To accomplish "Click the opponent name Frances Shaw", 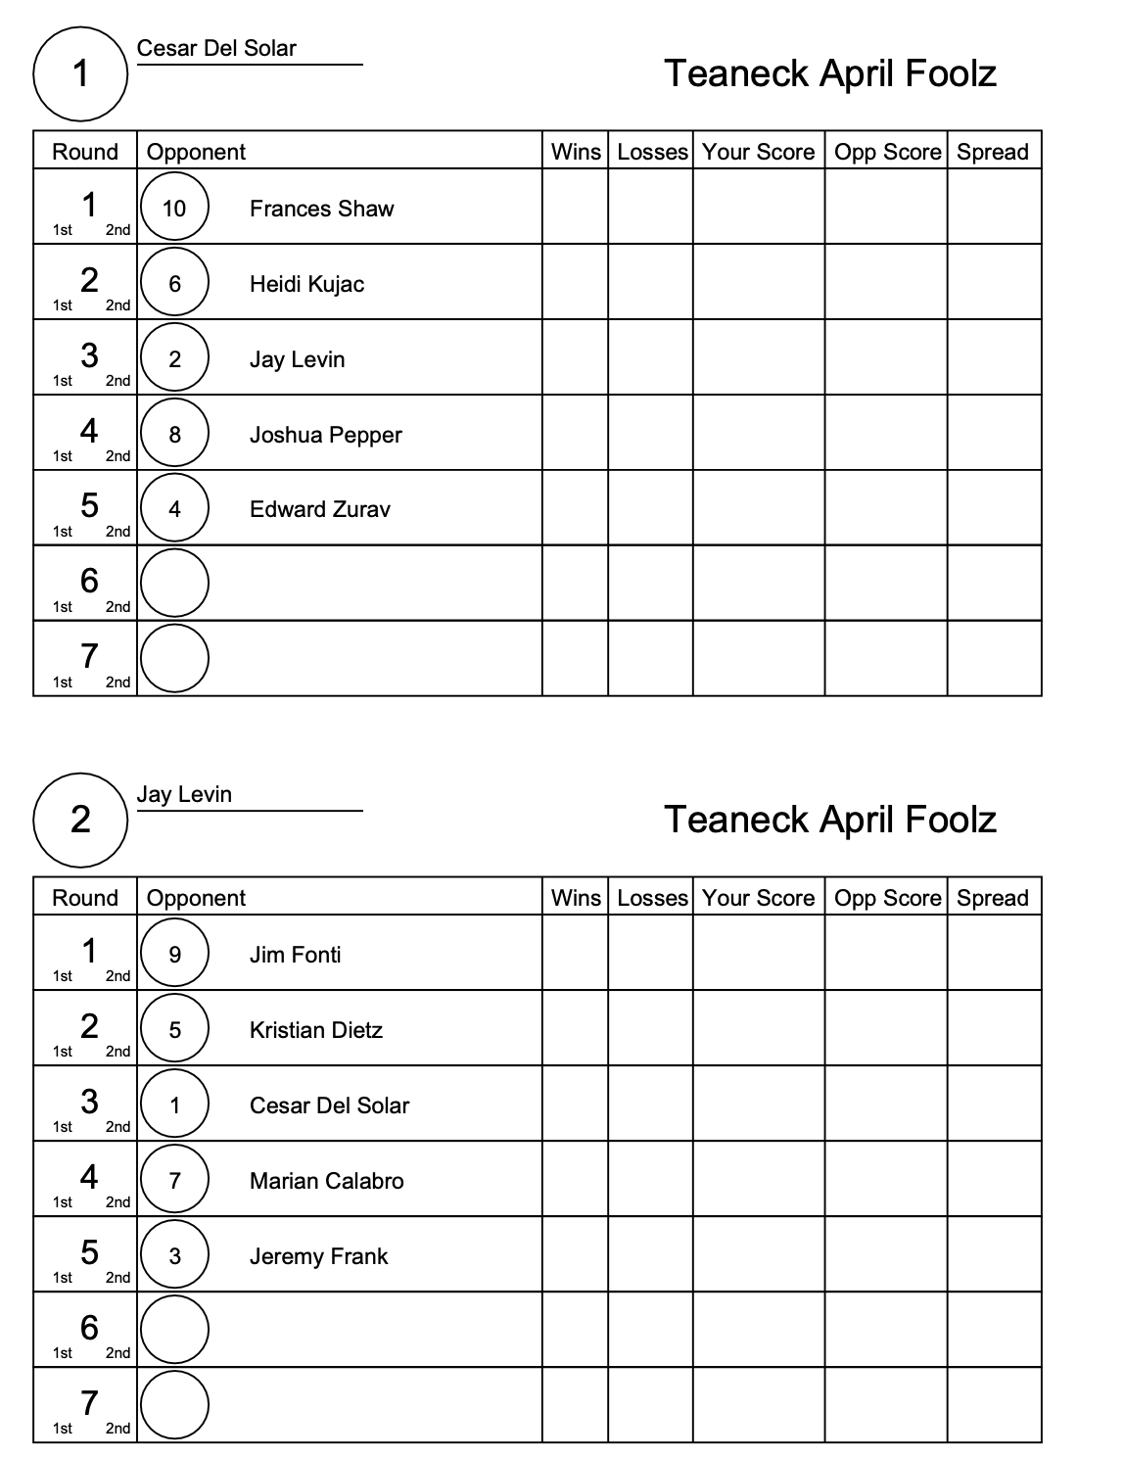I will click(x=321, y=209).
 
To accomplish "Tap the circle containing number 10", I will click(x=174, y=208).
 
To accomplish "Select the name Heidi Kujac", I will click(x=306, y=284).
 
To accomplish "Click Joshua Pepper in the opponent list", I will click(x=325, y=435).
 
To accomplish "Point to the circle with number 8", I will click(x=174, y=434).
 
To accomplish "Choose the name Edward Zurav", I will click(x=319, y=509).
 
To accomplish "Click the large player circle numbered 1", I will click(x=80, y=73).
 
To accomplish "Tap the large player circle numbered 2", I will click(x=80, y=820).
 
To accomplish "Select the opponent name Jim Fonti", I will click(x=295, y=955).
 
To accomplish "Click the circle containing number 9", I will click(x=174, y=954).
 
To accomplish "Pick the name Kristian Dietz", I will click(x=315, y=1030).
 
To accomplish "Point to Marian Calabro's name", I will click(x=326, y=1181).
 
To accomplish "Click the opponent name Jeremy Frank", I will click(x=318, y=1256).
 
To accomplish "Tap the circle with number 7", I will click(x=174, y=1180).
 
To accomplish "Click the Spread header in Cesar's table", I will click(x=993, y=152).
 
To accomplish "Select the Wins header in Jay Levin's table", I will click(x=576, y=898).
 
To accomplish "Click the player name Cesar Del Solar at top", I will click(x=216, y=48).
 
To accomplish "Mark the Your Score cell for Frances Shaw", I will click(x=758, y=207).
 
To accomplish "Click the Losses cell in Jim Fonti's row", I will click(x=650, y=953).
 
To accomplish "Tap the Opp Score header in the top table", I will click(x=886, y=152).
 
